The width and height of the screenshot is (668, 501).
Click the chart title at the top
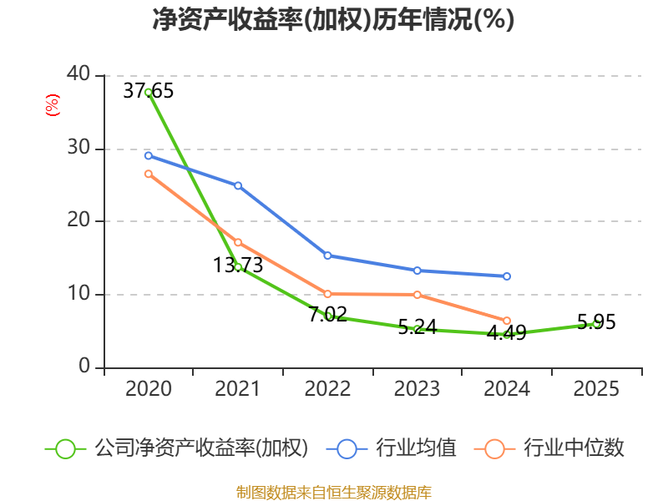333,20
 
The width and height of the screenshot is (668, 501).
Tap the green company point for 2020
148,92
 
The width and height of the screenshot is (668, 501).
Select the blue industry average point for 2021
238,185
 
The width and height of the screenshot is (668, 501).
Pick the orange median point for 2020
148,174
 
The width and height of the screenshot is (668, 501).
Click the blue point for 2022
327,256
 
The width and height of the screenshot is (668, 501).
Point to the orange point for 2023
417,295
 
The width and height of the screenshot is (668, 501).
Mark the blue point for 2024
507,276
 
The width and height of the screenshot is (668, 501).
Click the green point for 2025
596,323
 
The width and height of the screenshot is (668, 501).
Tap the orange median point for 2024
507,321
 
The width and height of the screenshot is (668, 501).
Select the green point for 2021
238,266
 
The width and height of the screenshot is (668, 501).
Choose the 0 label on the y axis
84,367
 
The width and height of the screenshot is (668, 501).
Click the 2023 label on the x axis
417,389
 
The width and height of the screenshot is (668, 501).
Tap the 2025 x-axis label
596,389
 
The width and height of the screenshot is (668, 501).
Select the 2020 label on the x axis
148,389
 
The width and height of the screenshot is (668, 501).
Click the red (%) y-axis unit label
53,106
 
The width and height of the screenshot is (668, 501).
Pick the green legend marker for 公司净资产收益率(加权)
65,448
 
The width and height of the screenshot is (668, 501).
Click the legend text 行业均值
417,448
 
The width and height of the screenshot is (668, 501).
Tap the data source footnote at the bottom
333,492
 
